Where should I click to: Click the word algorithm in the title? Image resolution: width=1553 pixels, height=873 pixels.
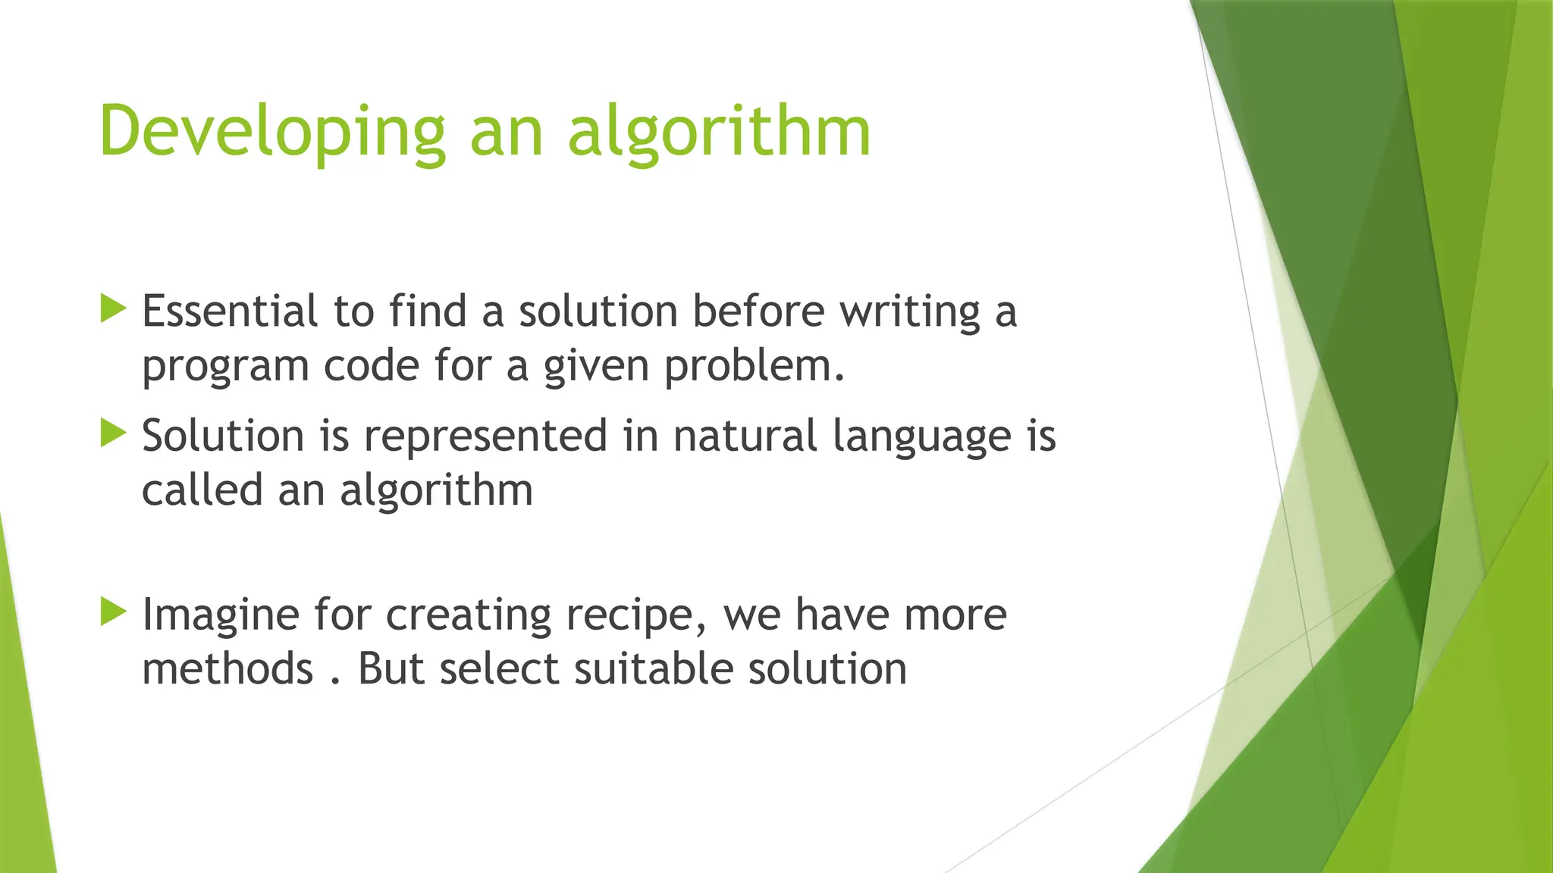pyautogui.click(x=719, y=132)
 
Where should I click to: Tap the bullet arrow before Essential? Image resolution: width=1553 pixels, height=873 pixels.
pyautogui.click(x=113, y=308)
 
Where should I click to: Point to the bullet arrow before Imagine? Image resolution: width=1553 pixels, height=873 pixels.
pyautogui.click(x=113, y=612)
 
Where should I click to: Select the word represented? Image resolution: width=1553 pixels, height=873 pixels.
pyautogui.click(x=485, y=437)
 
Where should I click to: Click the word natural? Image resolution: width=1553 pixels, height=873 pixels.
pyautogui.click(x=745, y=436)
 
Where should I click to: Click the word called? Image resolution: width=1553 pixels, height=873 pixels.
pyautogui.click(x=202, y=490)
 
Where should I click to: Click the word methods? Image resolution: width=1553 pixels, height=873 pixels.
pyautogui.click(x=227, y=669)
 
